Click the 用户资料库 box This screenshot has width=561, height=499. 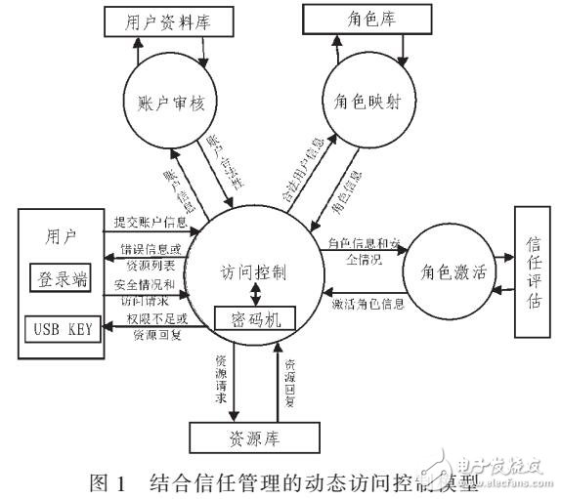click(x=167, y=20)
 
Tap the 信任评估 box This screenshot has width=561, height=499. click(x=534, y=271)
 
